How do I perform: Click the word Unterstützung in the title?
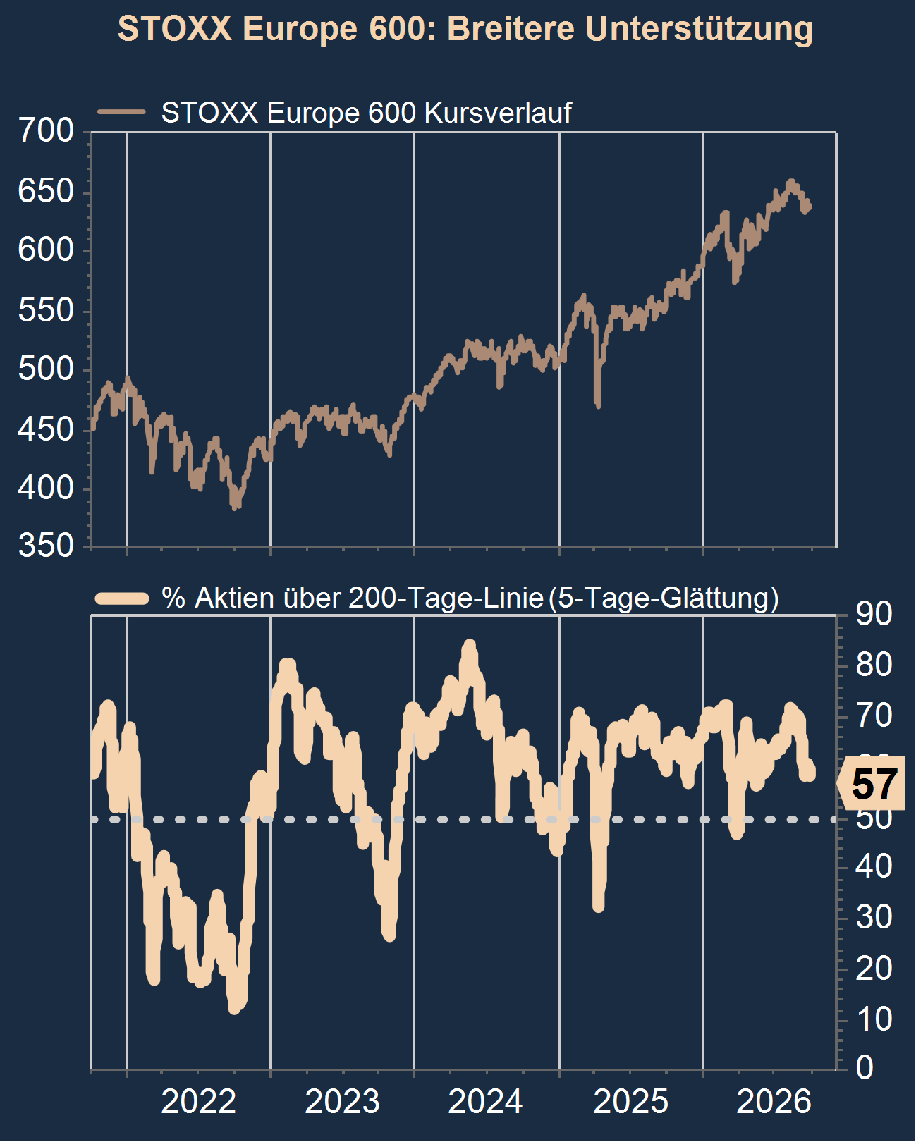(x=699, y=29)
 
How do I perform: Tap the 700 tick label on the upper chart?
(x=46, y=130)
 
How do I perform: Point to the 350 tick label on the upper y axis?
(x=46, y=546)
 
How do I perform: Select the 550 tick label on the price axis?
(x=46, y=310)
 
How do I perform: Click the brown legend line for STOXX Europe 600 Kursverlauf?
(x=121, y=112)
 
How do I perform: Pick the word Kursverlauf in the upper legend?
(x=498, y=113)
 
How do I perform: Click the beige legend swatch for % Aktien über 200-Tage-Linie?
(x=121, y=598)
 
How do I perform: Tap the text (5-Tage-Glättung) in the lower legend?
(x=664, y=598)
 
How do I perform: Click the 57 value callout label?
(x=874, y=783)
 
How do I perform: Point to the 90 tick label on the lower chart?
(x=874, y=615)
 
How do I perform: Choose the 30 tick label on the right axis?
(x=874, y=916)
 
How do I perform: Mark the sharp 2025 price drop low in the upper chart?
(x=598, y=406)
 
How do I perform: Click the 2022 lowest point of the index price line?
(x=235, y=508)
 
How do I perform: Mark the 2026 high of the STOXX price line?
(x=790, y=182)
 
